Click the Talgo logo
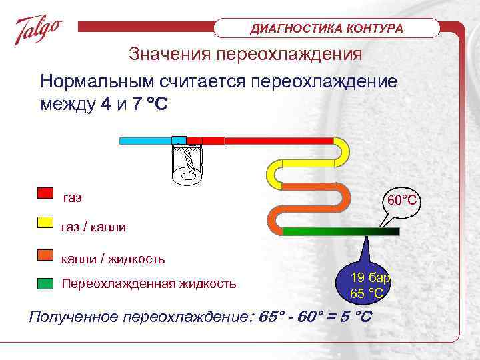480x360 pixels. [x=39, y=30]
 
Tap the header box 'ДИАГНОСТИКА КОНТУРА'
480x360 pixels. [x=327, y=29]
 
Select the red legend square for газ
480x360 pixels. [x=45, y=193]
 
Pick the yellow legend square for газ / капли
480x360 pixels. [x=45, y=223]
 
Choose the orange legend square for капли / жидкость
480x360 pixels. [x=45, y=253]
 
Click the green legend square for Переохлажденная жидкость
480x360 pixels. [x=45, y=283]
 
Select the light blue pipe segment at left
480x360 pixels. [x=145, y=141]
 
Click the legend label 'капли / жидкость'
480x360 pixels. [x=113, y=258]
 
